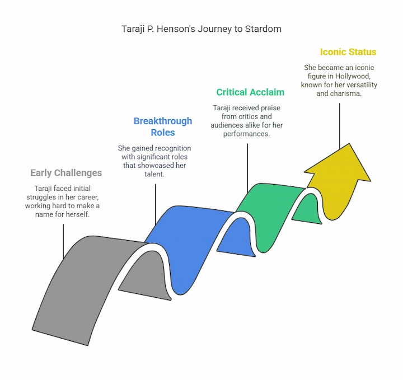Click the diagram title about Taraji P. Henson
pos(201,28)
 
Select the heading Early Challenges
pos(66,173)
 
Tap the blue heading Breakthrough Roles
pos(162,126)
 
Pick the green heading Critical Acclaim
pos(250,92)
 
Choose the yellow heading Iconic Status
pos(348,52)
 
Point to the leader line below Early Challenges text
pos(63,241)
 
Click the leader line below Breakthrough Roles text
pos(156,204)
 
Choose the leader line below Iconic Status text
pos(339,123)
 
